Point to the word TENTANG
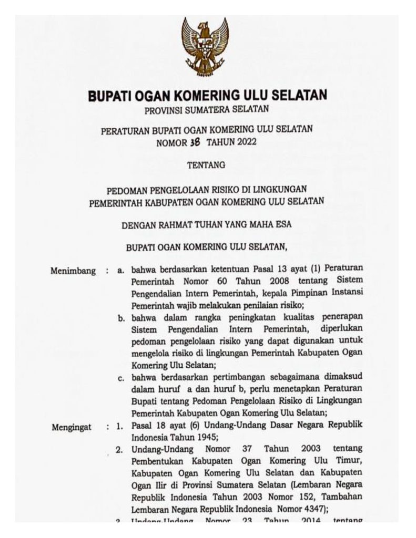point(206,165)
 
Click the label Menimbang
point(73,271)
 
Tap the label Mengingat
point(72,427)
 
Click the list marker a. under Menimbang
point(121,271)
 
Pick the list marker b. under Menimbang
point(121,318)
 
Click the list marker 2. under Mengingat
point(120,450)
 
